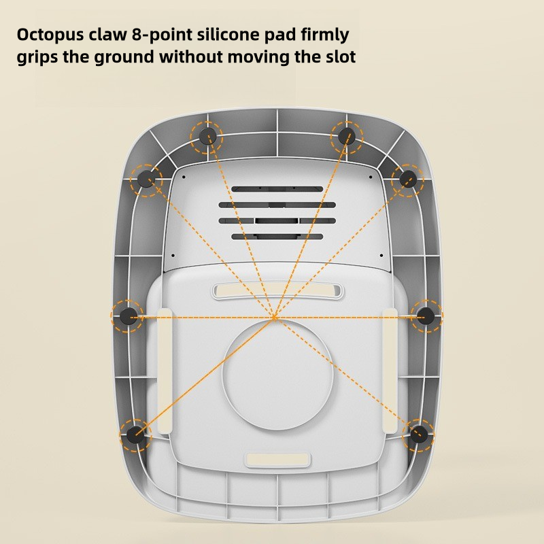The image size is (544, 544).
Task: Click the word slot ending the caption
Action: tap(338, 56)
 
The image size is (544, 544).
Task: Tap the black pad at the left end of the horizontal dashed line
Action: tap(128, 316)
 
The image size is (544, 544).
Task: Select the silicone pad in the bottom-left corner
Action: tap(135, 432)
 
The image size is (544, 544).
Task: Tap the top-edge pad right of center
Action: tap(347, 137)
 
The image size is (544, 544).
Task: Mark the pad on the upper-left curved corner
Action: tap(146, 180)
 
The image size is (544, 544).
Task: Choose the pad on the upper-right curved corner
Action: tap(408, 180)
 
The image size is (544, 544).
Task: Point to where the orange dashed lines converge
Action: tap(275, 317)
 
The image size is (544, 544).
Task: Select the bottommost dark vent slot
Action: tap(276, 237)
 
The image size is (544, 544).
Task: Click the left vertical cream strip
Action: tap(164, 371)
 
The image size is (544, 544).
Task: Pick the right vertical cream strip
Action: tap(390, 371)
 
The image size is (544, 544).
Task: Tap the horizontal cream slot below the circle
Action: tap(277, 459)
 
